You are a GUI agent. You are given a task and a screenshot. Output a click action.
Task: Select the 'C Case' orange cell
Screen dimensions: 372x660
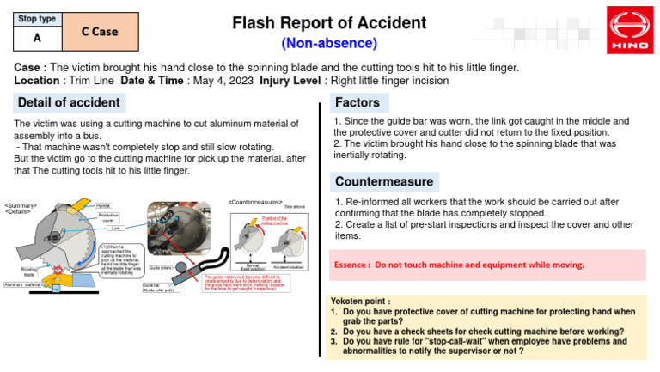click(100, 31)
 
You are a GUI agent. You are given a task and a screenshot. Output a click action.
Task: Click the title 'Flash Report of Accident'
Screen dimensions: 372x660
click(329, 22)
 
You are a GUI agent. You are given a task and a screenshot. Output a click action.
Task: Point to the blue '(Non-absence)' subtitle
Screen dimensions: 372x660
click(329, 43)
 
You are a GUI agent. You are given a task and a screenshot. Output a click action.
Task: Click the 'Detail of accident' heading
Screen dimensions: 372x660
click(69, 103)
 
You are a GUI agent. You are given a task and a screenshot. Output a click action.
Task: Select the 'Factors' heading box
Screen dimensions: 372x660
click(357, 103)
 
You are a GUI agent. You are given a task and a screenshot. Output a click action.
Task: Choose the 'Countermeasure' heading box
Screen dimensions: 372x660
click(384, 182)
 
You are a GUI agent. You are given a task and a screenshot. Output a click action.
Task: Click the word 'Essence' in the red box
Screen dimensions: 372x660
click(352, 265)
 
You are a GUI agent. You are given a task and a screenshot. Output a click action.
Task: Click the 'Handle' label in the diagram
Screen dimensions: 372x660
click(103, 206)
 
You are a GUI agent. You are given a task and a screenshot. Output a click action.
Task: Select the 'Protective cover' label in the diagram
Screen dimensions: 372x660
click(108, 218)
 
